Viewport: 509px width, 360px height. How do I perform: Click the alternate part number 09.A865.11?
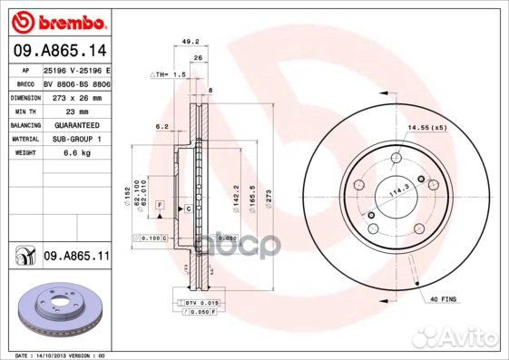(76, 257)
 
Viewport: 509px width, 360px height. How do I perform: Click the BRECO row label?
(24, 82)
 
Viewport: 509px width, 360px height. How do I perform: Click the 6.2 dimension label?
(162, 126)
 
